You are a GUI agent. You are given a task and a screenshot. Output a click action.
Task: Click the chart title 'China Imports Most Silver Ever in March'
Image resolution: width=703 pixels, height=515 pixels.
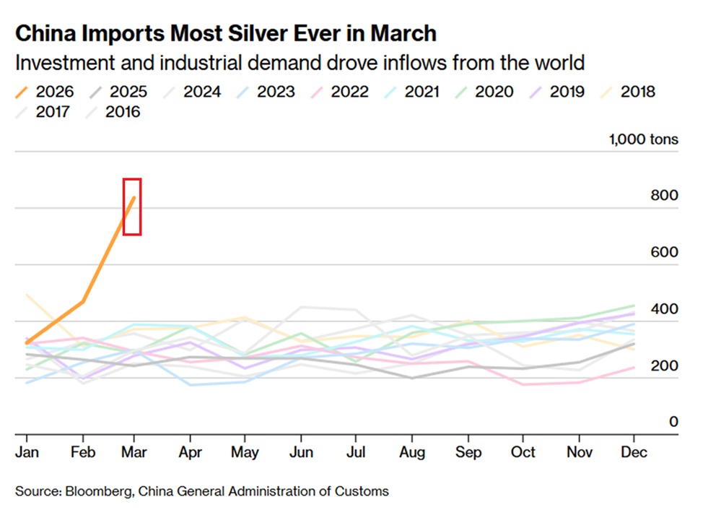(225, 33)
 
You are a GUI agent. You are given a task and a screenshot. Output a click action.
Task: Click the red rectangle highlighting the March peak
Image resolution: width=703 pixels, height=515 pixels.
(131, 207)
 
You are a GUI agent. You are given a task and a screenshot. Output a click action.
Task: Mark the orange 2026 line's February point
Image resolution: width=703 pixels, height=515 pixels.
(83, 301)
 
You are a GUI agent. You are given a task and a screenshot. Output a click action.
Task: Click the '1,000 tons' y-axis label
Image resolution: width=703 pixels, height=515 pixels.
(644, 139)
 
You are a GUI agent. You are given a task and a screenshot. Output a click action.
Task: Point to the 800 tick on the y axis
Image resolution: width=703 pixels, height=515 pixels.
(664, 196)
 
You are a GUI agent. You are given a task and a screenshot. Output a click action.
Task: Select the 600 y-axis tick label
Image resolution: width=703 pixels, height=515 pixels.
(664, 252)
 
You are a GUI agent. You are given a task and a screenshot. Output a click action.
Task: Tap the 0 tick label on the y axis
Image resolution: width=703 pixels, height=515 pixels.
(673, 422)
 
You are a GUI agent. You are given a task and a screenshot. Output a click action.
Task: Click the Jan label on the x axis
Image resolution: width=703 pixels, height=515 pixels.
(27, 451)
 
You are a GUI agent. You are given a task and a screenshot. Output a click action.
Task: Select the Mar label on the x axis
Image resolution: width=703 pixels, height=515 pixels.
(134, 451)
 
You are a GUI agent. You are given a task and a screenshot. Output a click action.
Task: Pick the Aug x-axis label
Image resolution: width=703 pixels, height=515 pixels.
(411, 451)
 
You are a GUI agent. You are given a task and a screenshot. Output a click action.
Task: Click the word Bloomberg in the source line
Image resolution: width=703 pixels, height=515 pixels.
(99, 492)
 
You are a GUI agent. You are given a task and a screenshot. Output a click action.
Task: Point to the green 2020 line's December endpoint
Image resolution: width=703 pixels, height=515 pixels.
(634, 306)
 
